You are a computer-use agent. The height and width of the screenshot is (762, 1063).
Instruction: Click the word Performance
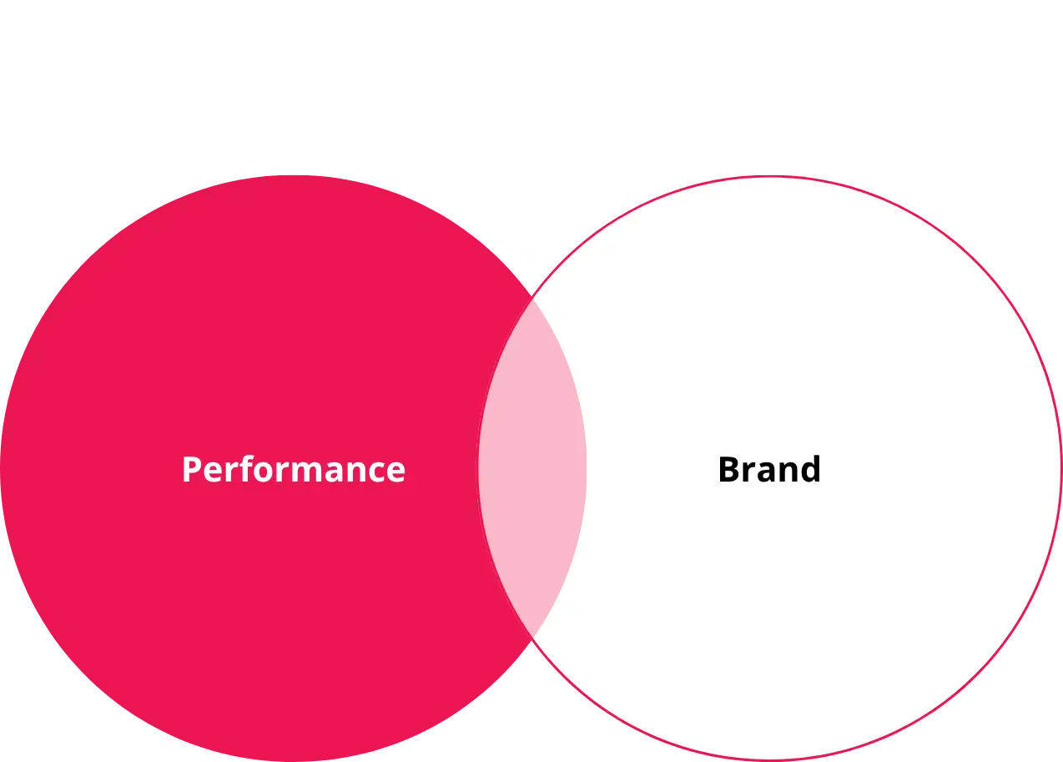coord(294,470)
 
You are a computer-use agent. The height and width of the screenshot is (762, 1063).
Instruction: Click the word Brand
coord(769,469)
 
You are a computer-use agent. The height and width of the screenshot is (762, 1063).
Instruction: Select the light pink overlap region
coord(532,467)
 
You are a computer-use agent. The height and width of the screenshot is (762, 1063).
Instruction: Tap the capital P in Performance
coord(193,470)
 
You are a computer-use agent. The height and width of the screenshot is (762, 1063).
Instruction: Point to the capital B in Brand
coord(729,470)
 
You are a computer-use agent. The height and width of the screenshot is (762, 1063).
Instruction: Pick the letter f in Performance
coord(252,468)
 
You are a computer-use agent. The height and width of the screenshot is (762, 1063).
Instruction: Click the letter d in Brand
coord(809,468)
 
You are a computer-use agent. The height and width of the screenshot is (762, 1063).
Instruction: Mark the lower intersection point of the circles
coord(532,637)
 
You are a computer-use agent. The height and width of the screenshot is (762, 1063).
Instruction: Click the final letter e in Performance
coord(396,473)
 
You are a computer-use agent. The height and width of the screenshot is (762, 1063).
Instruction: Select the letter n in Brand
coord(785,473)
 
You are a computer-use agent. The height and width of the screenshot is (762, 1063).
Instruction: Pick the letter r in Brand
coord(748,473)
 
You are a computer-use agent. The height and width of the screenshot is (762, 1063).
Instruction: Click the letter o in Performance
coord(271,473)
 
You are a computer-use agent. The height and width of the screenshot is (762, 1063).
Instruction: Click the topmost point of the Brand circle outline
coord(768,177)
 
